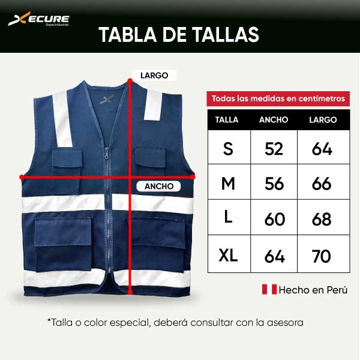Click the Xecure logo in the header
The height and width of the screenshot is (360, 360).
(x=38, y=20)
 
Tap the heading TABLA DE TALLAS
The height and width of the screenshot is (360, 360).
(x=179, y=34)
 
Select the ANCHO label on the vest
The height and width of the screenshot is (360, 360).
(x=159, y=186)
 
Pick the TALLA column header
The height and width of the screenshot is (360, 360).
(x=227, y=119)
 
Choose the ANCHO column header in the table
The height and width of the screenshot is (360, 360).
(x=274, y=119)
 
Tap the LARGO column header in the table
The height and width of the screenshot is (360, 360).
(x=323, y=119)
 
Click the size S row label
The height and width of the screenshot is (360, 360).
(x=228, y=149)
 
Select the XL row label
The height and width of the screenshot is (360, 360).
(x=228, y=256)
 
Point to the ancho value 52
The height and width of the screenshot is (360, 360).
(x=274, y=149)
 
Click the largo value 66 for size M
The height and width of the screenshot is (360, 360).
(x=322, y=184)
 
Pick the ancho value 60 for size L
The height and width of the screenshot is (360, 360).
(x=274, y=220)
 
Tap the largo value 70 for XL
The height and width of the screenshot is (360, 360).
(x=322, y=256)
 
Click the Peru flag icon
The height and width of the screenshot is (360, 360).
(x=269, y=290)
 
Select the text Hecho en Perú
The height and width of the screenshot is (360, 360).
(x=314, y=290)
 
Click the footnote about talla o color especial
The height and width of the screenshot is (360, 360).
(x=175, y=322)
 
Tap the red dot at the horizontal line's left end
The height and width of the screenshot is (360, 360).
(x=22, y=177)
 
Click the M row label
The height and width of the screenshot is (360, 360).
(x=228, y=184)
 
